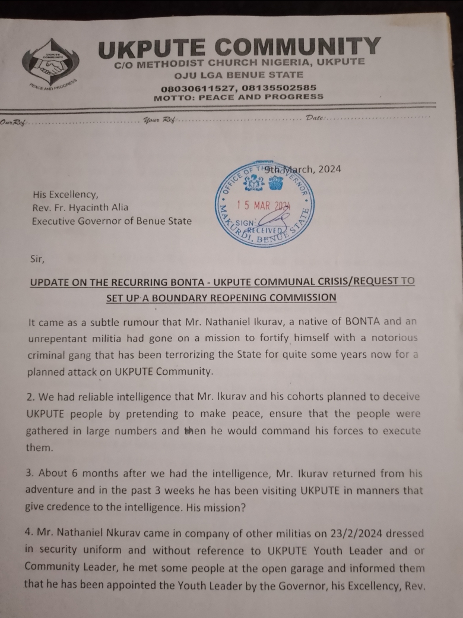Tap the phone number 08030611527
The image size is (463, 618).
point(201,87)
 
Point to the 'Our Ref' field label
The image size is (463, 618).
point(13,122)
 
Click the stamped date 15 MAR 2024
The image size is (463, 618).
point(262,206)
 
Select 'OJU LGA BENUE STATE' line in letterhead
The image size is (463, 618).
point(238,75)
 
